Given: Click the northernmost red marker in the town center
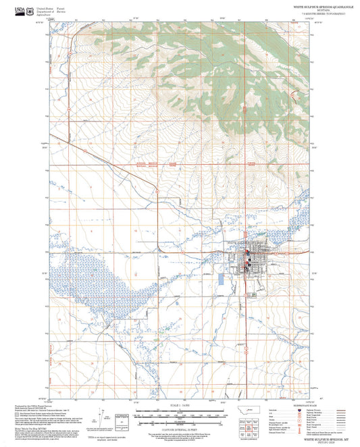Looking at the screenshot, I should click(x=247, y=253).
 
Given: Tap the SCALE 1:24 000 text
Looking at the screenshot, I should click(x=180, y=406).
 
